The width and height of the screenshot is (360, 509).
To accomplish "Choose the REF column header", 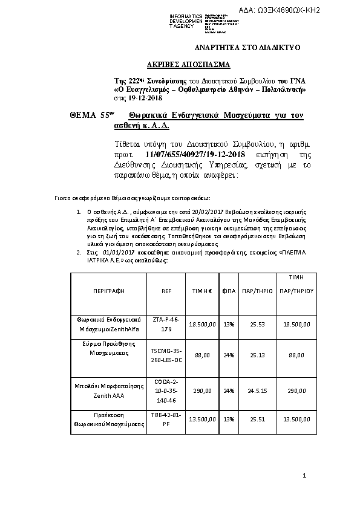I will (166, 291).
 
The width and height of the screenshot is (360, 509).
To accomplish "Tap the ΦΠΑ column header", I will (229, 291).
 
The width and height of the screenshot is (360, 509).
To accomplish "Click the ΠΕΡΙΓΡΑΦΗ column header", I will (109, 291).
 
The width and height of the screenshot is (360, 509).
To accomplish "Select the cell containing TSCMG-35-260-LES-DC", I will (166, 355).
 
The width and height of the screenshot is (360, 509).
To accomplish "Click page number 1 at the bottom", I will (305, 477).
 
